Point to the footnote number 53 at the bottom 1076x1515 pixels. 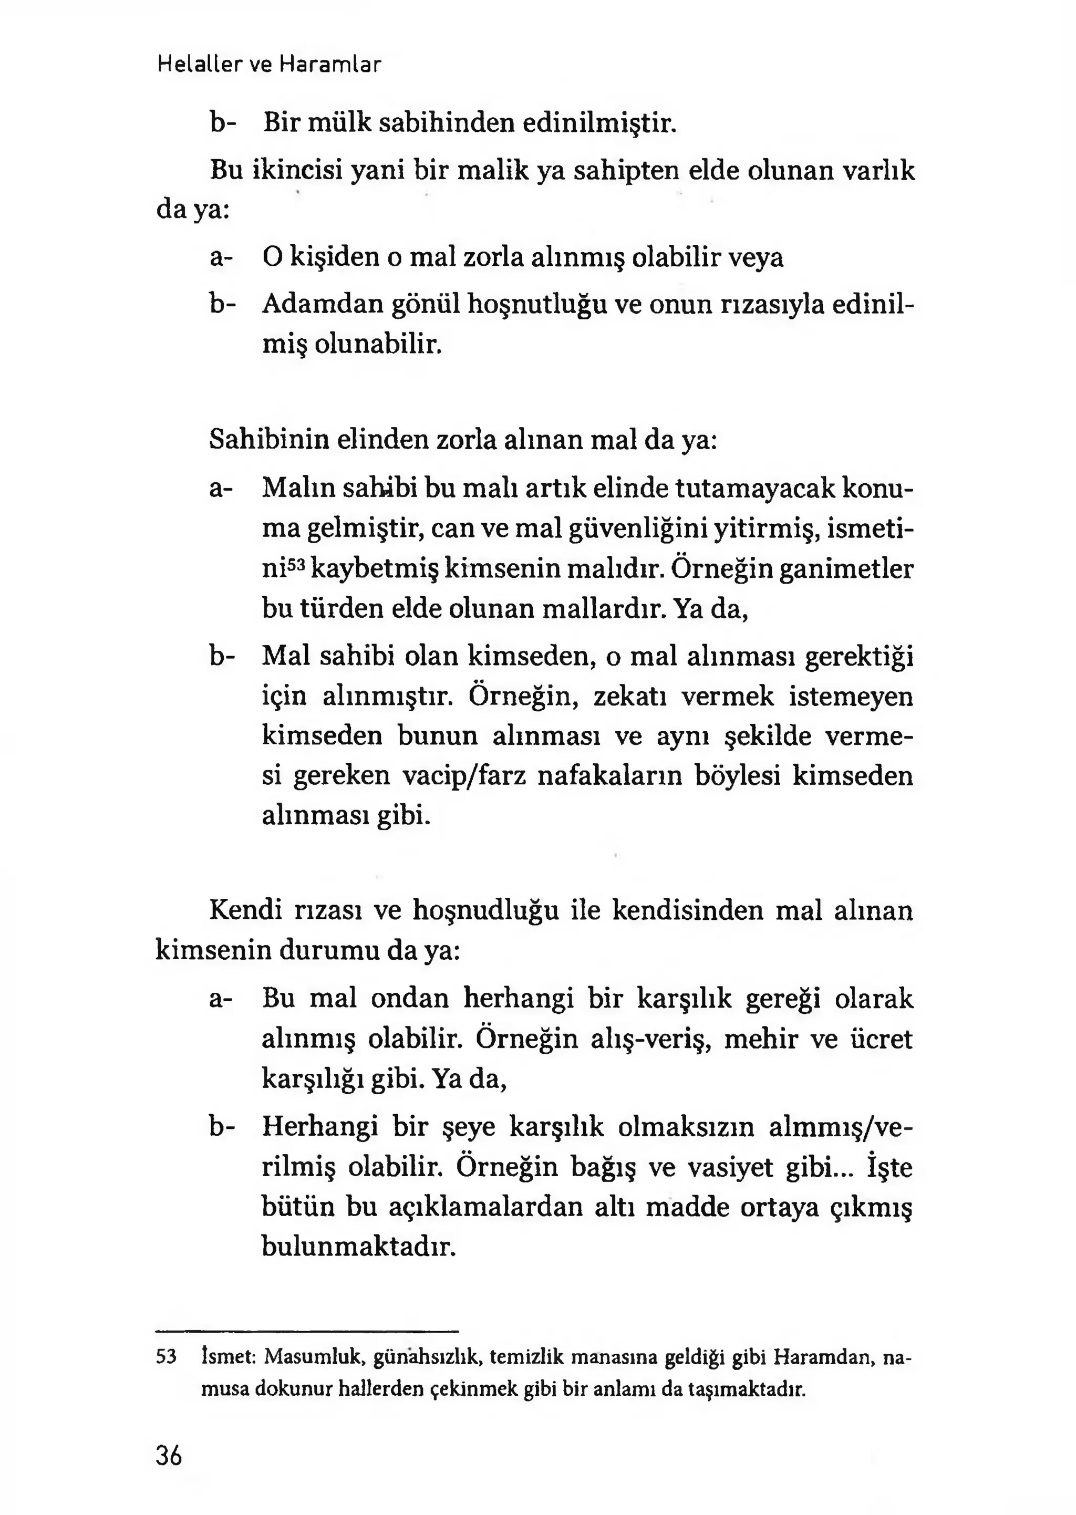tap(167, 1357)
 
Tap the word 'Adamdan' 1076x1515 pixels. tap(323, 305)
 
